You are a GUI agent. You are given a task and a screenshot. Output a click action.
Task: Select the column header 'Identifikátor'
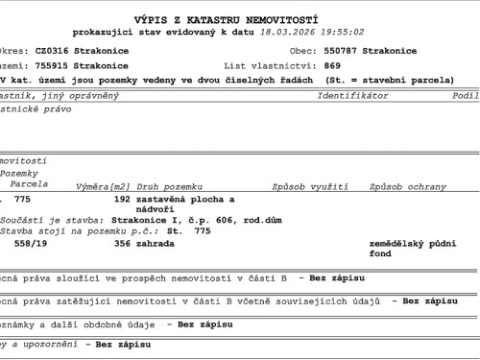point(352,96)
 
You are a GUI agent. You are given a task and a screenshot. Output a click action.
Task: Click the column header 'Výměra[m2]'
point(103,186)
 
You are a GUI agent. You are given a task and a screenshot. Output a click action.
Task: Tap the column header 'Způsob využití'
point(310,186)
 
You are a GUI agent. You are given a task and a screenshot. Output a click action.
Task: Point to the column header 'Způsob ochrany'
point(402,186)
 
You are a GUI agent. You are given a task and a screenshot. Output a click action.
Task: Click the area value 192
point(122,200)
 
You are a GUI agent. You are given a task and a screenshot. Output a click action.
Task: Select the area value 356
point(122,244)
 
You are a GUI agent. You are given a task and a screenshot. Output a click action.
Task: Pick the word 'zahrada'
point(156,244)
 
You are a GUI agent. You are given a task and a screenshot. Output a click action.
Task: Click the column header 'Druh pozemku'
point(170,186)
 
